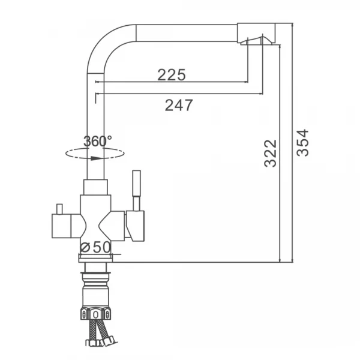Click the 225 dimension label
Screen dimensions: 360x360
[x=172, y=74]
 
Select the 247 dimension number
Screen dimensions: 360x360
[x=179, y=105]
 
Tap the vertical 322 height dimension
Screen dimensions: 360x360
[x=271, y=154]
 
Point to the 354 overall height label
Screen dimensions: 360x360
[x=302, y=143]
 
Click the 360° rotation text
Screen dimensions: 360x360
[x=98, y=141]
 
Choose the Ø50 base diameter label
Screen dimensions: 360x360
[x=95, y=247]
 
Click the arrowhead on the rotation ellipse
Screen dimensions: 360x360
[x=95, y=158]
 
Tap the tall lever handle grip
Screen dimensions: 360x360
[x=137, y=183]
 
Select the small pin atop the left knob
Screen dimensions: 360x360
[x=60, y=209]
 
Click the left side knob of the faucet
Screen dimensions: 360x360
[x=62, y=226]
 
